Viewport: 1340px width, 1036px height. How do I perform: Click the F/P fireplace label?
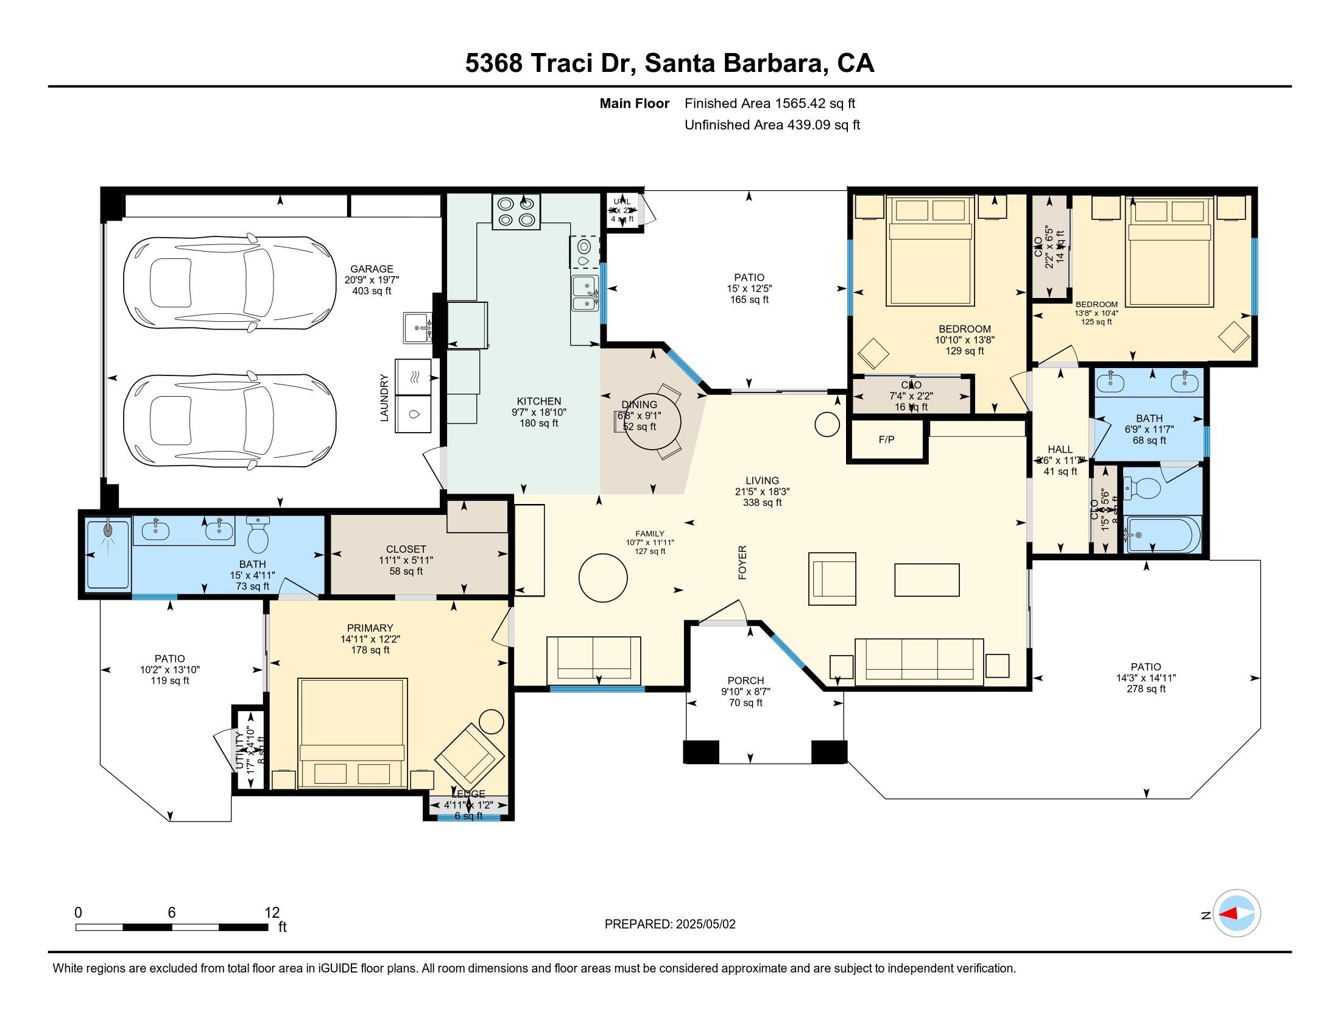coord(886,439)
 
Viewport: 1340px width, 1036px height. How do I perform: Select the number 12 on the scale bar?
coord(272,913)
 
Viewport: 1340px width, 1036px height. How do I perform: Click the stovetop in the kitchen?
coord(516,211)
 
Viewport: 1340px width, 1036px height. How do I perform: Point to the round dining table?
coord(656,422)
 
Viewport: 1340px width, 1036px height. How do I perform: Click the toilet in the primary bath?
coord(258,535)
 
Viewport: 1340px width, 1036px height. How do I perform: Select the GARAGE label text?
coord(371,269)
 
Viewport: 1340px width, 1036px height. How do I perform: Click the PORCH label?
coord(746,681)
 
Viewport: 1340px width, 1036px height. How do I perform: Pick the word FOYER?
coord(742,562)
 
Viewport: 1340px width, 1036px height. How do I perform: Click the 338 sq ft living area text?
coord(762,503)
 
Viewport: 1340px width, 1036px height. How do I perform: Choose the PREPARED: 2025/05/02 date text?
coord(669,924)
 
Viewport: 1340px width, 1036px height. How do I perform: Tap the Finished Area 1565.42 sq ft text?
coord(769,104)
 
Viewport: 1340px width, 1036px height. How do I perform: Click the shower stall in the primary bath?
coord(108,553)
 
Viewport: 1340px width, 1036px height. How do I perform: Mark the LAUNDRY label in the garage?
coord(385,398)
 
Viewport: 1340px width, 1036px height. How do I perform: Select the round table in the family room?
coord(603,578)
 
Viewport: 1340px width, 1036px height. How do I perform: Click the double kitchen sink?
coord(585,293)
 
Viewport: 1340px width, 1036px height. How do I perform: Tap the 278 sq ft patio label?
coord(1146,689)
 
